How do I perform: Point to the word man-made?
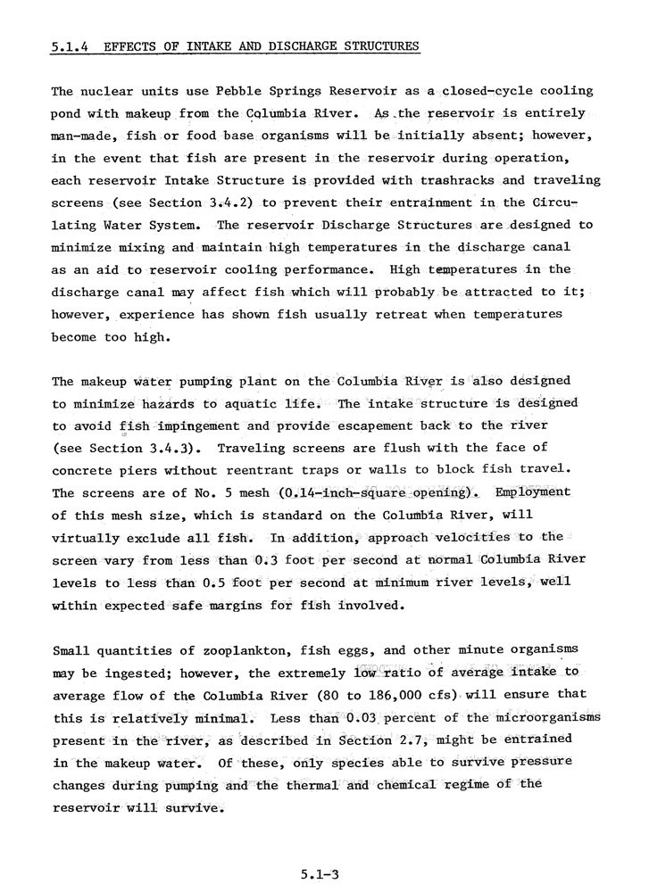point(84,136)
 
